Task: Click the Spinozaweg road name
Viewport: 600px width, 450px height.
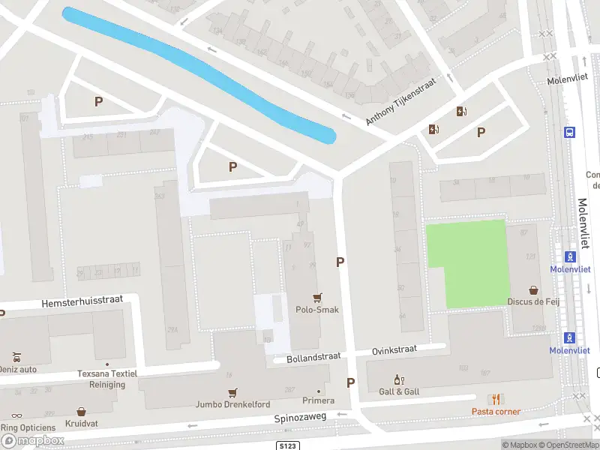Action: (x=300, y=417)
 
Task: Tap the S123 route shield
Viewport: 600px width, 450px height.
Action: (x=287, y=445)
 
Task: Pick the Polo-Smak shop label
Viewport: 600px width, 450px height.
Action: (x=317, y=309)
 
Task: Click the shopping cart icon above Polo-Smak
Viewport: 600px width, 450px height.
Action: (x=317, y=297)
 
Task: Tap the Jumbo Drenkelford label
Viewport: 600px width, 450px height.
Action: (x=232, y=404)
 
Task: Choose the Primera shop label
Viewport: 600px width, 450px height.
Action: (x=318, y=400)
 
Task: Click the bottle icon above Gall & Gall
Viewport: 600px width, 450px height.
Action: (x=399, y=380)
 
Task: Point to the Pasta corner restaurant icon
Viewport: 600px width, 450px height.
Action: (x=495, y=399)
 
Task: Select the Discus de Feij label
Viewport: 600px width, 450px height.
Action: (x=534, y=301)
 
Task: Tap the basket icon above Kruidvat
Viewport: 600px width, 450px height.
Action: (x=81, y=412)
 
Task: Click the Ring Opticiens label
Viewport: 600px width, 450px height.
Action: (x=28, y=427)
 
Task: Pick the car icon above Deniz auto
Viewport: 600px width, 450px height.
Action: (x=16, y=356)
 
